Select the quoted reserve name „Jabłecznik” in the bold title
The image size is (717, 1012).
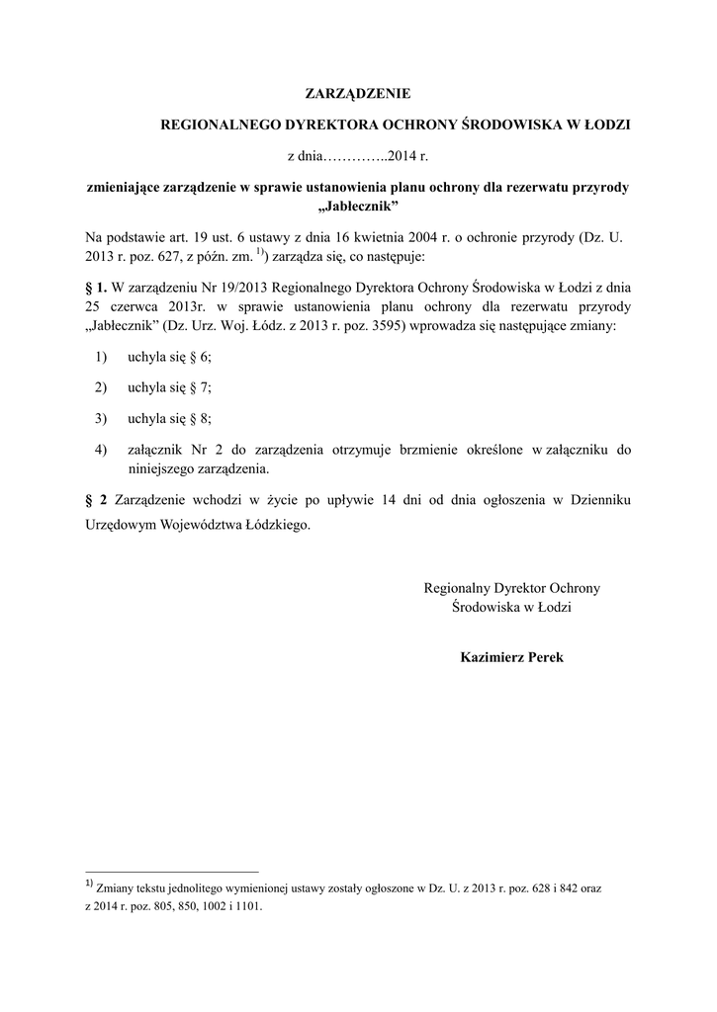point(357,205)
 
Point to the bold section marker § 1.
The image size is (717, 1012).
point(96,288)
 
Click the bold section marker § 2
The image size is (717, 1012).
point(96,500)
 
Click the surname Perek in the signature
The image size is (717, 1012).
point(542,656)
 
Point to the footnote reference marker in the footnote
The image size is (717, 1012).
point(89,885)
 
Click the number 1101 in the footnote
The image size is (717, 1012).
point(249,905)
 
